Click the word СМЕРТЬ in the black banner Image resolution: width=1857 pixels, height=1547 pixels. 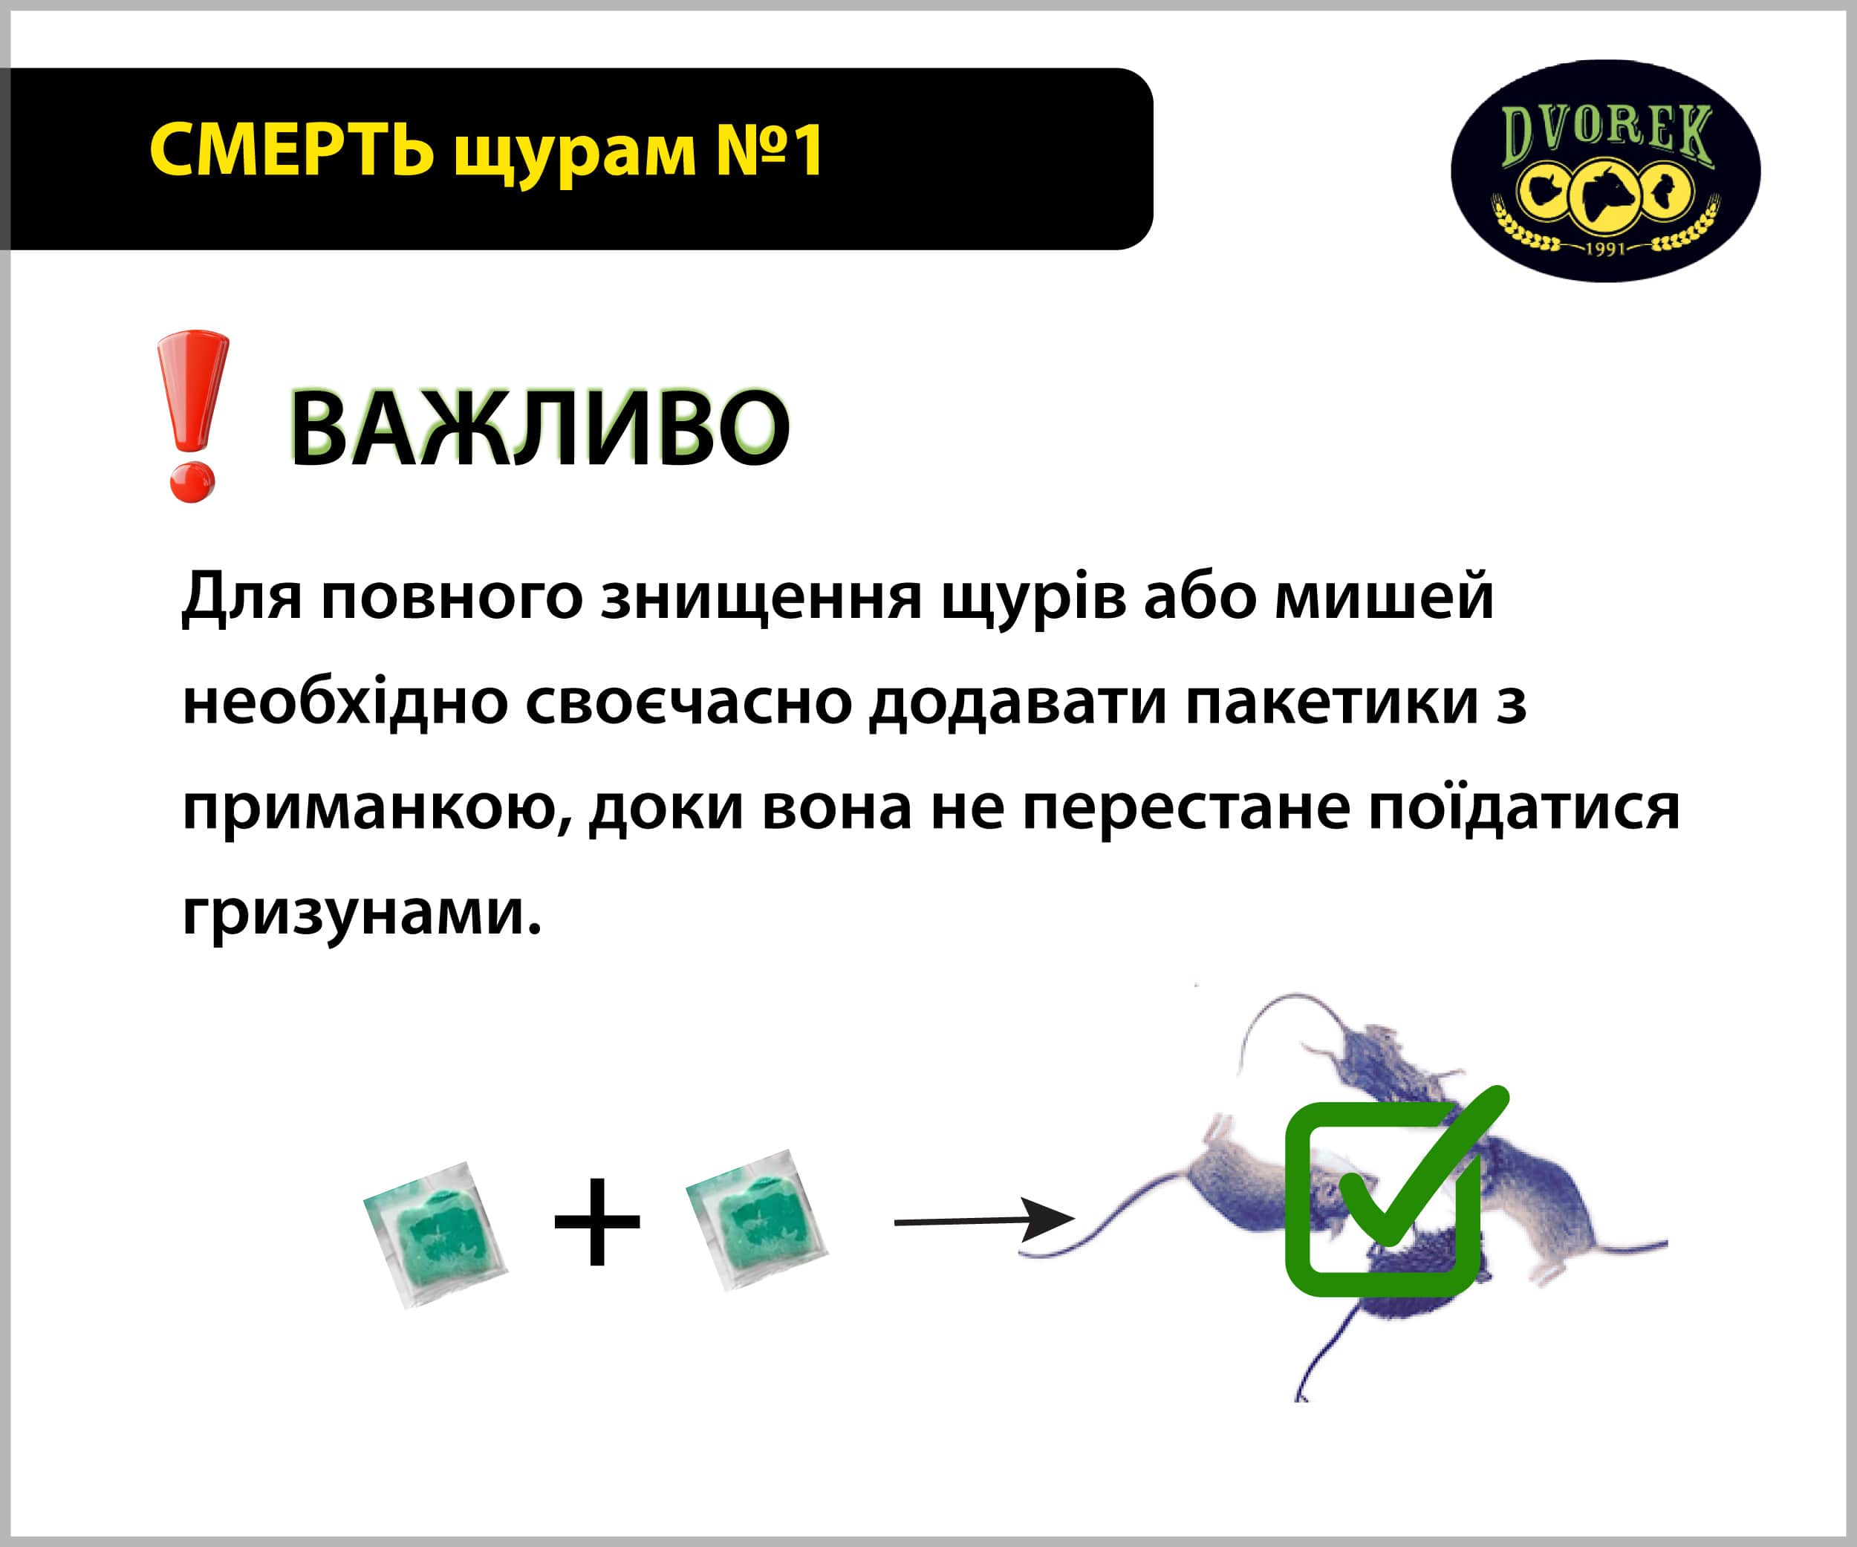click(291, 149)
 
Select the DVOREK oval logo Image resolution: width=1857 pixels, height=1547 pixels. click(1605, 171)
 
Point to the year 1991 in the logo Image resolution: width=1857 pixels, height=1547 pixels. click(1605, 248)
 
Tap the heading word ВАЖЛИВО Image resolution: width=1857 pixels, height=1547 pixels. click(539, 428)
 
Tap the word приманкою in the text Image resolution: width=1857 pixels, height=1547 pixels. click(376, 809)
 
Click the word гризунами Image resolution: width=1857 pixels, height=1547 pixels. click(361, 914)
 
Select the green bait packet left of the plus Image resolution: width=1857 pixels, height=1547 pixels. click(435, 1235)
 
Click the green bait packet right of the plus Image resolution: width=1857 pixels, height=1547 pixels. click(757, 1220)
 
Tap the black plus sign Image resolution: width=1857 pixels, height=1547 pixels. click(597, 1222)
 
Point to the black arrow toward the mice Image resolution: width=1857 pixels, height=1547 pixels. click(984, 1221)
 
